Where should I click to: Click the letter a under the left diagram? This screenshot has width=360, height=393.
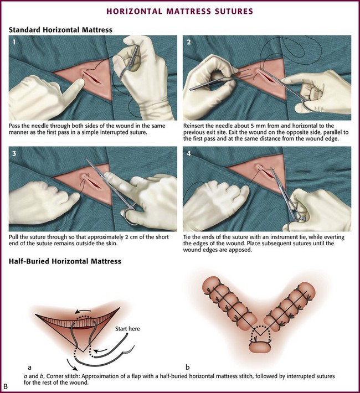[29, 367]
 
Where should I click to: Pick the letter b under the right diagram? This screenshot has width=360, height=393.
[188, 367]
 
